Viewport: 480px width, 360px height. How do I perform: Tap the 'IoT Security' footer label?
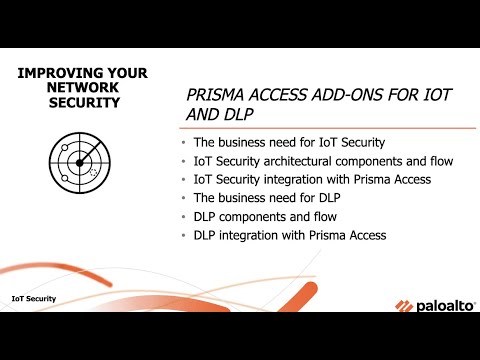(x=33, y=298)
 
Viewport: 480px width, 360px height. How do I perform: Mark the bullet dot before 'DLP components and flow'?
(x=183, y=217)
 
